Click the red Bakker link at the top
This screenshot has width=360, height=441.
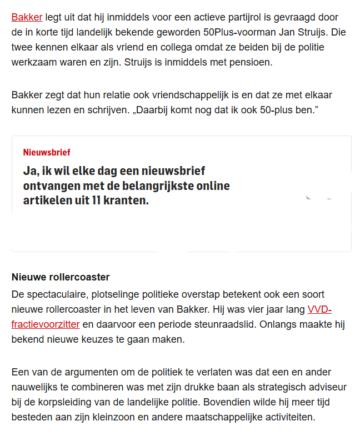(27, 17)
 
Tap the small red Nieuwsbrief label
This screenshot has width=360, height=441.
(47, 152)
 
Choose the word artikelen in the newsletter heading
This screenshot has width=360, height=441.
(48, 201)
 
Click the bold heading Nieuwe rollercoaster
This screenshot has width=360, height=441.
(61, 277)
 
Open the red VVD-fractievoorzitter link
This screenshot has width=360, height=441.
(46, 324)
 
